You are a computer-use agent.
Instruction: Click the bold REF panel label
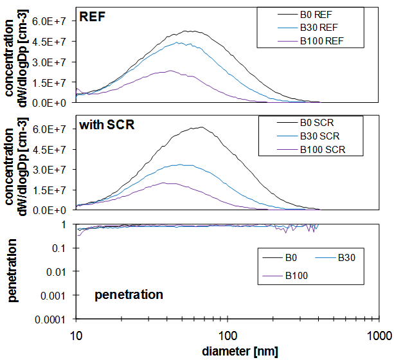93,17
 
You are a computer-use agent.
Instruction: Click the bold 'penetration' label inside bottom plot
129,296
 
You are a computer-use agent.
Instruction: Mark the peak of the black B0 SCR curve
201,127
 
